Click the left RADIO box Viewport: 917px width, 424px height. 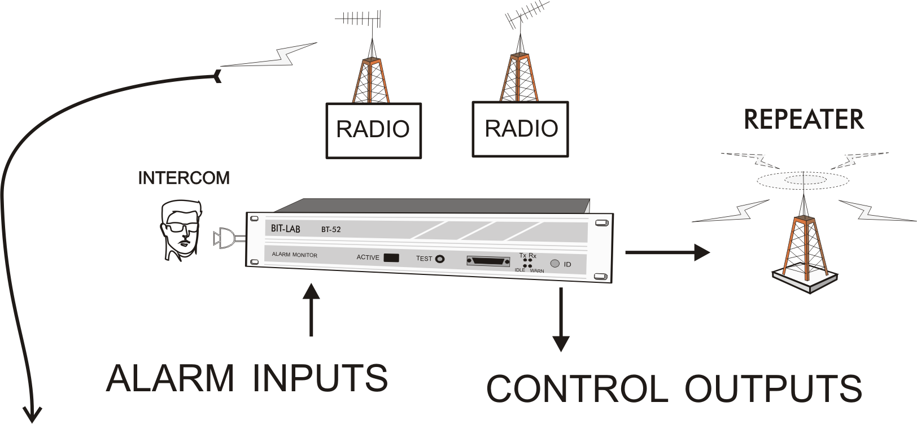pyautogui.click(x=373, y=130)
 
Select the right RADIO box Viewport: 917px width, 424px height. pyautogui.click(x=520, y=129)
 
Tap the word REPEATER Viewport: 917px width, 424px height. pyautogui.click(x=804, y=119)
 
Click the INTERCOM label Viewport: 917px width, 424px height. pyautogui.click(x=184, y=178)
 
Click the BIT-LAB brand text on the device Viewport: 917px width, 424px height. pyautogui.click(x=286, y=229)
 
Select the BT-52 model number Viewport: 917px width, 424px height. pyautogui.click(x=331, y=230)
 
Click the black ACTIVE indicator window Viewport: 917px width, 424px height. pyautogui.click(x=391, y=258)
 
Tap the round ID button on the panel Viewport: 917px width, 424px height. pyautogui.click(x=554, y=263)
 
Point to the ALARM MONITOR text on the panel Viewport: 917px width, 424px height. pyautogui.click(x=295, y=255)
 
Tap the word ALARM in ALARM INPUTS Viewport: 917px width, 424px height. pyautogui.click(x=170, y=378)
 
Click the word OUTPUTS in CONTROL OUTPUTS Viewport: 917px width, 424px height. pyautogui.click(x=773, y=388)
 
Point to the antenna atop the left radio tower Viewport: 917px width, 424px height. pyautogui.click(x=359, y=20)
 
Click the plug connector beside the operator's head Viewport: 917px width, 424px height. pyautogui.click(x=224, y=239)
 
